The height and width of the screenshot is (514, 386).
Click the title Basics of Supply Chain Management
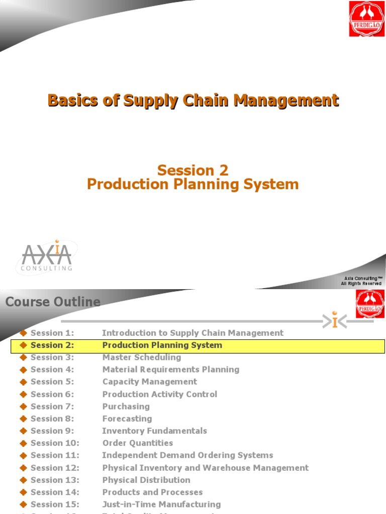pos(193,100)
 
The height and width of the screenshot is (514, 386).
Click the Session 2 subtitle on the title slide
pos(193,171)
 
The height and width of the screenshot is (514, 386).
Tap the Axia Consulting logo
pos(47,257)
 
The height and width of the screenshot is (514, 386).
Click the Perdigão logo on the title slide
pos(366,19)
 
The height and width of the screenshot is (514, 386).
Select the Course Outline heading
pos(53,302)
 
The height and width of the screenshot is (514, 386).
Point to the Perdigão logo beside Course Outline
pos(370,304)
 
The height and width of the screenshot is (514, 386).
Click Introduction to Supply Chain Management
pos(192,333)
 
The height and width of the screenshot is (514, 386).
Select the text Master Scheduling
pos(142,357)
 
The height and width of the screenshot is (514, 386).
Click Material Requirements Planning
pos(171,369)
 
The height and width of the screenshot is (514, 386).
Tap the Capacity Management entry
pos(150,381)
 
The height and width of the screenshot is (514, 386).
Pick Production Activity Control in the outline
pos(160,394)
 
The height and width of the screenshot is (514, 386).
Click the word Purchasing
pos(126,407)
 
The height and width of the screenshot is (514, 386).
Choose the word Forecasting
pos(127,419)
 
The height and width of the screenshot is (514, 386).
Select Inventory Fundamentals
pos(154,431)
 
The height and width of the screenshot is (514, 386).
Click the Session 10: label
pos(55,443)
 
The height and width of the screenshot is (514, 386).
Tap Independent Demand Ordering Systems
pos(187,455)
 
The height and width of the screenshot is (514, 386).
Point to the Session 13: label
pos(55,480)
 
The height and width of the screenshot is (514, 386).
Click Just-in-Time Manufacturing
pos(161,504)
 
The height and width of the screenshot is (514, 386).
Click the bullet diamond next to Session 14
pos(23,492)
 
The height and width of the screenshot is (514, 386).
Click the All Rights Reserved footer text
pos(361,284)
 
